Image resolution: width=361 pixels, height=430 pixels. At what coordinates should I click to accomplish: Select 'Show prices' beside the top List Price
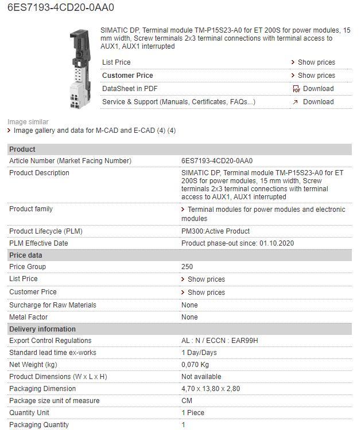coord(316,62)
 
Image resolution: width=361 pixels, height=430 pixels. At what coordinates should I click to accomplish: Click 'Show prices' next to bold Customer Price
coord(316,76)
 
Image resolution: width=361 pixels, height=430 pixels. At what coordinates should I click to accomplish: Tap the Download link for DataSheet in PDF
coord(318,89)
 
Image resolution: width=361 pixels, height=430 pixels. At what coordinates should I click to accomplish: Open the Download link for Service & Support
coord(318,102)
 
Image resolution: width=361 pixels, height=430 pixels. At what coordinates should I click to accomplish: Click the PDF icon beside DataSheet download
coord(296,89)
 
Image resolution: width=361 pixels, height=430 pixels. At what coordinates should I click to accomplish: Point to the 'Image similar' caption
coord(28,122)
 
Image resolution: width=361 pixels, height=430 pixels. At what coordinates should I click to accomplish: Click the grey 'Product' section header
coord(22,149)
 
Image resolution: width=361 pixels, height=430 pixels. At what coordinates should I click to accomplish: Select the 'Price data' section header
coord(26,255)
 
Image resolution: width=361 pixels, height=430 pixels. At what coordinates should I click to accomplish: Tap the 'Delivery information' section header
coord(42,329)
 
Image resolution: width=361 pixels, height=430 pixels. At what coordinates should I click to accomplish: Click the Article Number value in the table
coord(217,161)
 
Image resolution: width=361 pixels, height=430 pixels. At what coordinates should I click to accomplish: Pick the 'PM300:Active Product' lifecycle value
coord(215,231)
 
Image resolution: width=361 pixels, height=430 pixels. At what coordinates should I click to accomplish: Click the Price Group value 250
coord(187,267)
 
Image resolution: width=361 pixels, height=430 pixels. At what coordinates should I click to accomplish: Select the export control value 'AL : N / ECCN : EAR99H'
coord(220,341)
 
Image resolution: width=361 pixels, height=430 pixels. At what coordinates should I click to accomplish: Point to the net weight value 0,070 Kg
coord(195,365)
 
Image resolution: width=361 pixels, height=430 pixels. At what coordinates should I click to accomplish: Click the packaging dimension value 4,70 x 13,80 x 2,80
coord(211,389)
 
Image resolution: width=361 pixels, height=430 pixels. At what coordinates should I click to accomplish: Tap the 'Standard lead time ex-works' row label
coord(53,353)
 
